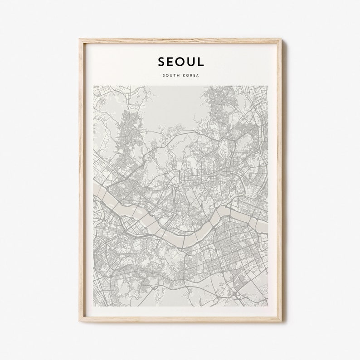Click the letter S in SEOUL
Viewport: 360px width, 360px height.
point(162,61)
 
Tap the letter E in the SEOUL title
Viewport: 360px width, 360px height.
point(171,61)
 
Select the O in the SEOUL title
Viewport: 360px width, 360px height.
point(181,61)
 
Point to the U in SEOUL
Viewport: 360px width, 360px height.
point(191,61)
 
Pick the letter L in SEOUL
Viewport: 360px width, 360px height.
point(200,61)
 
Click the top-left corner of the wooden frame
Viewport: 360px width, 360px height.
point(79,39)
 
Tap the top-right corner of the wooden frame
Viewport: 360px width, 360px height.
point(281,39)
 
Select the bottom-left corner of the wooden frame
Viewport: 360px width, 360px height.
point(79,321)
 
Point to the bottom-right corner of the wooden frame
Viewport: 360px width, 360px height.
point(281,321)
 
